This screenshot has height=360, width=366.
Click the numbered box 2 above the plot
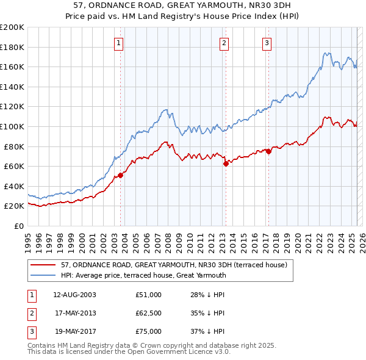224,43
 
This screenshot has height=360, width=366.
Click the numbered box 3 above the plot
267,43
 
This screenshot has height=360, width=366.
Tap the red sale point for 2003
121,175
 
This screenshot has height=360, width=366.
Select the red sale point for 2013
226,164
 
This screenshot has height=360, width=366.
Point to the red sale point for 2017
268,151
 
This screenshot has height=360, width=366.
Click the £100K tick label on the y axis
12,126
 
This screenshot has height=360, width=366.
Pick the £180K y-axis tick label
12,47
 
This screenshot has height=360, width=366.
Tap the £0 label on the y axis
18,226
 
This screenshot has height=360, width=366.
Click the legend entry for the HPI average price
143,275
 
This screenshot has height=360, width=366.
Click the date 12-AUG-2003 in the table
74,295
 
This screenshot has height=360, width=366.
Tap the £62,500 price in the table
149,314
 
